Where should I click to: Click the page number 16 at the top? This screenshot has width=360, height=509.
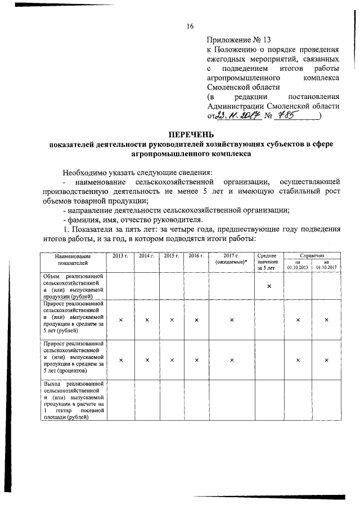click(190, 26)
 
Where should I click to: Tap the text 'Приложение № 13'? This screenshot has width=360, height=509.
click(239, 40)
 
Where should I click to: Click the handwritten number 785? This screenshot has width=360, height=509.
click(295, 115)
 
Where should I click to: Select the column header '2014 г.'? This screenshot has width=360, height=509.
click(146, 256)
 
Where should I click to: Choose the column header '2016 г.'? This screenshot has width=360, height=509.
click(196, 256)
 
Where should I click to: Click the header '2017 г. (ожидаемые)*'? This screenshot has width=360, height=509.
click(231, 259)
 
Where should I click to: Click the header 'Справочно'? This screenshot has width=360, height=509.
click(312, 255)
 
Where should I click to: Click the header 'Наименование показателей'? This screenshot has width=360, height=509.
click(72, 259)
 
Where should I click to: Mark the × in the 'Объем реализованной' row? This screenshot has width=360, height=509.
click(269, 286)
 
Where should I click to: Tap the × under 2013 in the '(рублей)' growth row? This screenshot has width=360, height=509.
click(120, 319)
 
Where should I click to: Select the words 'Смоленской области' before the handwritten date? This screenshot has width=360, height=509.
click(301, 106)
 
